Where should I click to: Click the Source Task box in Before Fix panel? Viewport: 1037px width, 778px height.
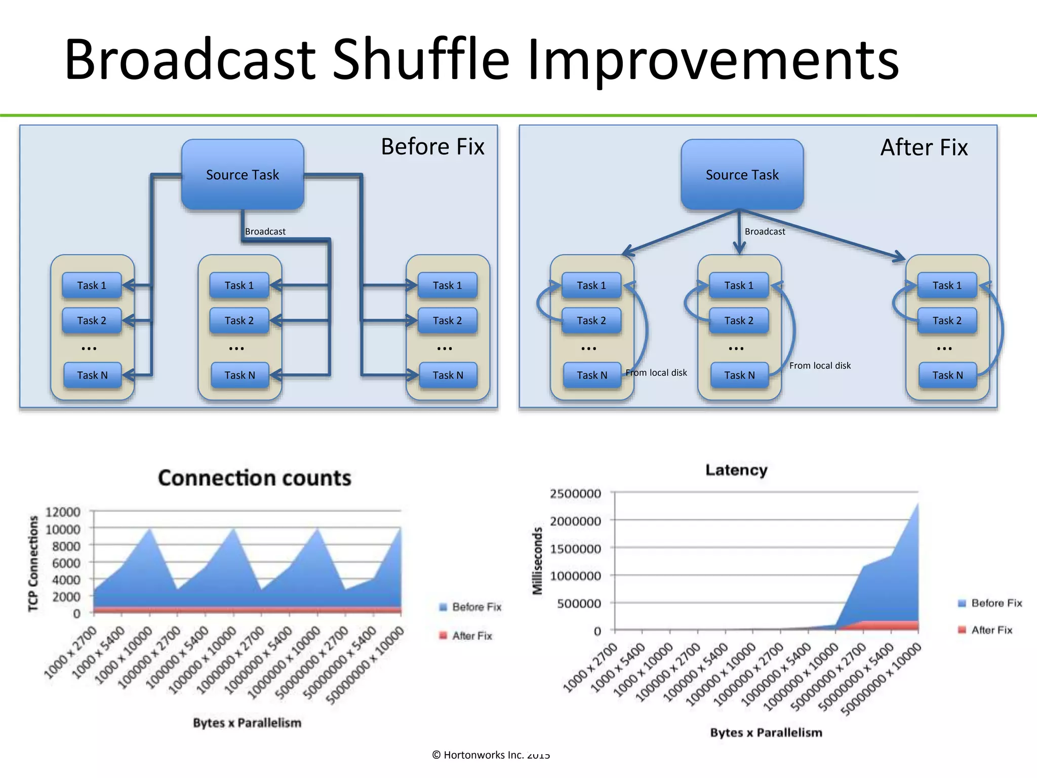pos(243,175)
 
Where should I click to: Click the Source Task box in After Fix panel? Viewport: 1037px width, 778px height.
pos(742,175)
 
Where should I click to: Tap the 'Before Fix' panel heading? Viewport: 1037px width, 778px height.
pos(432,147)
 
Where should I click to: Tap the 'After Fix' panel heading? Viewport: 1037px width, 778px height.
pos(924,147)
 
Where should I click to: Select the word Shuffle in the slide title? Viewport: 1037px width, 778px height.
pos(421,59)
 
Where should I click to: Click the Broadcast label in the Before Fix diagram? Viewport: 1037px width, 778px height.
pos(265,231)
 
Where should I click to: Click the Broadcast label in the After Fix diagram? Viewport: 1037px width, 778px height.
pos(765,231)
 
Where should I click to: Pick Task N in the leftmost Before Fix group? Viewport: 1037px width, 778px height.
pos(92,375)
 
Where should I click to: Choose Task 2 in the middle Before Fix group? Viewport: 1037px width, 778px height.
pos(239,321)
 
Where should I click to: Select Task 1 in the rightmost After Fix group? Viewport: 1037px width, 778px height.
pos(947,286)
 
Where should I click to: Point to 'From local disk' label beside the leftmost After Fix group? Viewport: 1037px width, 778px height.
pos(656,373)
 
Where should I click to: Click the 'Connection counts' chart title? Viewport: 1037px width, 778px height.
pos(254,478)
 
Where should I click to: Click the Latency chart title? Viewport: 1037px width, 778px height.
pos(736,470)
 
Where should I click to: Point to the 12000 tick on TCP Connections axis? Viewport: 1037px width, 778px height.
pos(63,512)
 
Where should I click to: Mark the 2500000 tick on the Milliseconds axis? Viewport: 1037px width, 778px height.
pos(575,494)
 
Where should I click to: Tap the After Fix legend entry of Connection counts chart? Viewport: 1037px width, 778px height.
pos(471,636)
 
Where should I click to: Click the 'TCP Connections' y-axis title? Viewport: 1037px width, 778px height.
pos(33,563)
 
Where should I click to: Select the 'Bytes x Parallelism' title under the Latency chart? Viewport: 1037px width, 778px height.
pos(766,732)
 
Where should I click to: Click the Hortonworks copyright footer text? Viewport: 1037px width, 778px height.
pos(491,755)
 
